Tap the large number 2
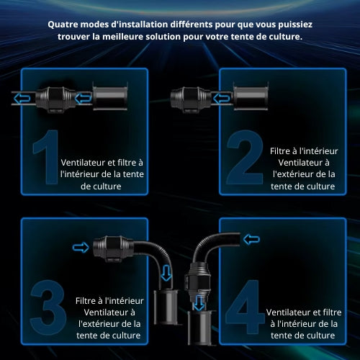click(245, 157)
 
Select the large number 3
click(48, 307)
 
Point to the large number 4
click(245, 307)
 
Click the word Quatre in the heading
click(63, 24)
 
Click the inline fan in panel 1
click(55, 99)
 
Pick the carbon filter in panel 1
click(110, 96)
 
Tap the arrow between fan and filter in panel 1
click(83, 99)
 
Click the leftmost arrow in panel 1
click(22, 99)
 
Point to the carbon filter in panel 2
click(251, 96)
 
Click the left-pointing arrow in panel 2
click(222, 99)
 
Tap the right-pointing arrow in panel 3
click(81, 247)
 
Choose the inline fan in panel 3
click(113, 248)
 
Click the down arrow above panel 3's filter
click(166, 273)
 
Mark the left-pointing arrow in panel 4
click(251, 239)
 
